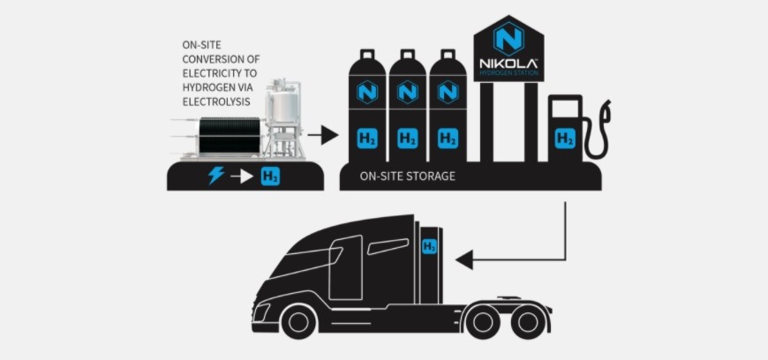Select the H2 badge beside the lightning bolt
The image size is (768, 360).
(270, 176)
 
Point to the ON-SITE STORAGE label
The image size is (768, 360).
(408, 176)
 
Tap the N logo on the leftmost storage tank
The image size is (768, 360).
(367, 92)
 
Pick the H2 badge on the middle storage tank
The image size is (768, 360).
(407, 139)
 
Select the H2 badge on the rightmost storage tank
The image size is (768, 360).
(447, 139)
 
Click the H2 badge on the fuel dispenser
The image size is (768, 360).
(564, 139)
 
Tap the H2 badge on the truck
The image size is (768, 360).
(429, 246)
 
